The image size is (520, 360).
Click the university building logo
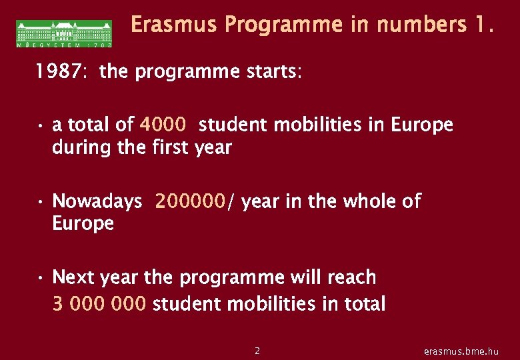(x=64, y=33)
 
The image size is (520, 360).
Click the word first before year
(x=173, y=147)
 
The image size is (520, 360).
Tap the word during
(x=82, y=147)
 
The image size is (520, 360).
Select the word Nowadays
(x=97, y=201)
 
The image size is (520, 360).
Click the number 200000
(x=191, y=201)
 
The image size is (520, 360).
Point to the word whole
(x=371, y=201)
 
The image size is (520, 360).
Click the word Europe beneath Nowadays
(x=83, y=223)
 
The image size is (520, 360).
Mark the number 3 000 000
(x=99, y=304)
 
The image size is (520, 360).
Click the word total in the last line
(x=363, y=304)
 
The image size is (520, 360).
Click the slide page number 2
(x=258, y=350)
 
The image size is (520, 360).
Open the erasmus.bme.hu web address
(x=461, y=351)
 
